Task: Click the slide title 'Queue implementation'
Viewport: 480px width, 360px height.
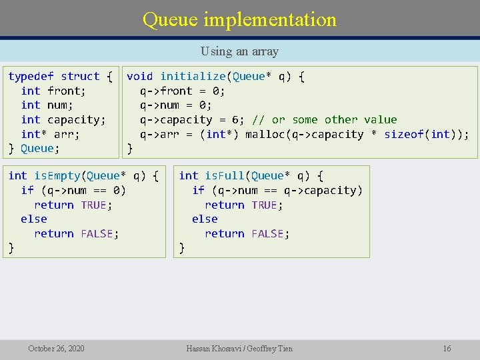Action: click(239, 19)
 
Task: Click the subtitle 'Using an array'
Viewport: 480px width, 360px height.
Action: click(239, 51)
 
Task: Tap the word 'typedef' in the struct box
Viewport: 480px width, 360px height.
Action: click(31, 77)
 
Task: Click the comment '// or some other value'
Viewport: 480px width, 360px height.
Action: click(324, 120)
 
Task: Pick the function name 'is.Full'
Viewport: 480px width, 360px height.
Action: click(225, 176)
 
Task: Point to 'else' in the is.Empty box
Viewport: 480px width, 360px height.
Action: click(34, 219)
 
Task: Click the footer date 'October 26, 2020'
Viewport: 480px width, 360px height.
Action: click(56, 349)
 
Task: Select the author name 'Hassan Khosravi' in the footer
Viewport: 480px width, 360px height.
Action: click(217, 349)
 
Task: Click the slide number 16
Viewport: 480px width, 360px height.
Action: click(447, 349)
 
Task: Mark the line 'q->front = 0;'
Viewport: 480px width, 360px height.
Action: click(183, 91)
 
